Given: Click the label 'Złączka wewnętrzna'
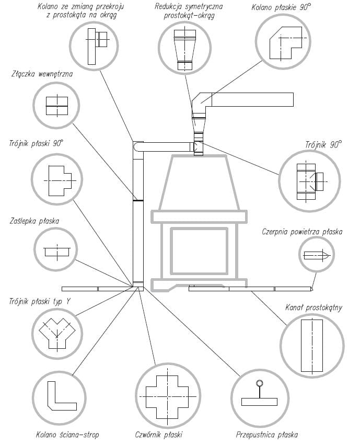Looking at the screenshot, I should click(42, 74).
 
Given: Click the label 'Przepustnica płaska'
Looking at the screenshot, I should click(267, 435).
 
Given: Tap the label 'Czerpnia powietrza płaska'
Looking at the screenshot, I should click(302, 232).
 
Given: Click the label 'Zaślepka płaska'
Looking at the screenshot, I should click(34, 221).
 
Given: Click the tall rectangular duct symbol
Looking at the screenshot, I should click(312, 345).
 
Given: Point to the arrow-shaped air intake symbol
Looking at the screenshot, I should click(316, 255).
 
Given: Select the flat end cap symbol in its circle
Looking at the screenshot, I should click(56, 252).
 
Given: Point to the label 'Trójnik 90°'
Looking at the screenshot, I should click(323, 145).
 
